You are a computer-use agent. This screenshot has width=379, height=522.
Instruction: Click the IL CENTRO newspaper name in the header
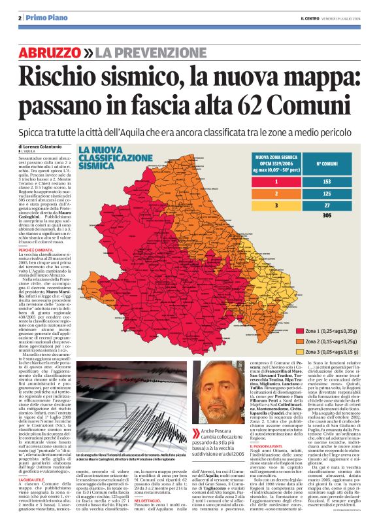(306, 18)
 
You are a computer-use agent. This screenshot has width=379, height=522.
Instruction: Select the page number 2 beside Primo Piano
(20, 18)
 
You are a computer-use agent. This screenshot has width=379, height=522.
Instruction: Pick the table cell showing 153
(327, 181)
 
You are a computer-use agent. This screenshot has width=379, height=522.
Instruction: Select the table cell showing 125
(327, 193)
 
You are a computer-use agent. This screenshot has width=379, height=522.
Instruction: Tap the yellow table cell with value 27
(327, 205)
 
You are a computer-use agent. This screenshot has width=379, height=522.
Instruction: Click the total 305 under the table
(327, 216)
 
